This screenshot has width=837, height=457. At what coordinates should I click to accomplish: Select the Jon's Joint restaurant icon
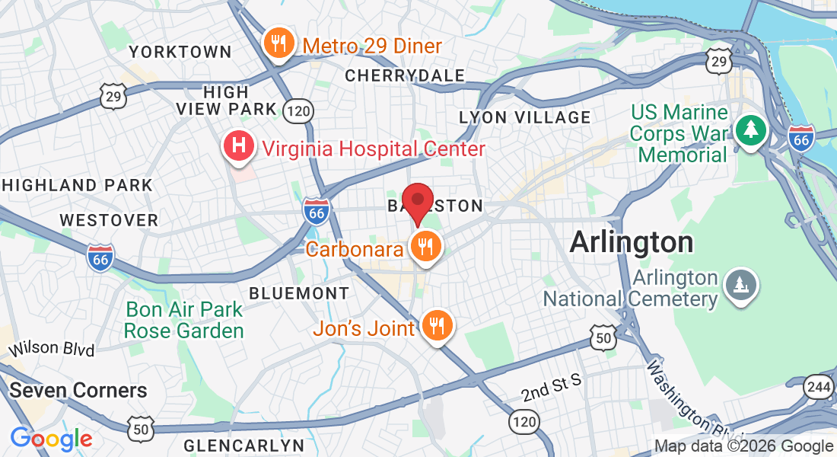437,325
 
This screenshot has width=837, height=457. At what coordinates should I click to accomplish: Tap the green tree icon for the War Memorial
751,128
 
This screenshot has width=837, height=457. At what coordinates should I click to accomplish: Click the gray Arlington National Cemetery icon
739,284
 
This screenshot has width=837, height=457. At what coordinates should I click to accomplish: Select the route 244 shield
819,387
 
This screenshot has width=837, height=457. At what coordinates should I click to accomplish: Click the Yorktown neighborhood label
180,52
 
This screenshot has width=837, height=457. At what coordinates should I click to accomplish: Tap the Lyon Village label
525,117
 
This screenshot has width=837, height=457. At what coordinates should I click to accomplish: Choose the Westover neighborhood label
109,220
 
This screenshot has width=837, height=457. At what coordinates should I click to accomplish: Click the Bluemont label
300,293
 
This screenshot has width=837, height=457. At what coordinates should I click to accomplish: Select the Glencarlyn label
243,445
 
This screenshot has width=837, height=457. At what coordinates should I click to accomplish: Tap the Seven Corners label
78,391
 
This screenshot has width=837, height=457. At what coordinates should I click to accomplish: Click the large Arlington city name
632,243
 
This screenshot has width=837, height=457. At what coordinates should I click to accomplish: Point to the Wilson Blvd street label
51,350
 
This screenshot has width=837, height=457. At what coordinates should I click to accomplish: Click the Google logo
51,439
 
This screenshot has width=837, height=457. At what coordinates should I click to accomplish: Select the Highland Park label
76,185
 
